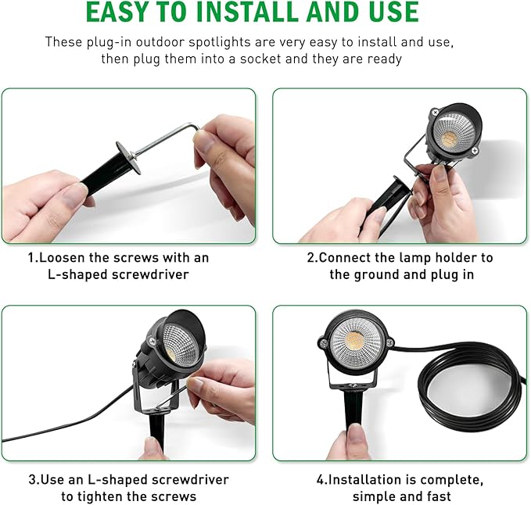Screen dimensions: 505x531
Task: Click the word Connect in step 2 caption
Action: point(348,257)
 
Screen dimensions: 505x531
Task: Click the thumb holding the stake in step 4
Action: point(356,435)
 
